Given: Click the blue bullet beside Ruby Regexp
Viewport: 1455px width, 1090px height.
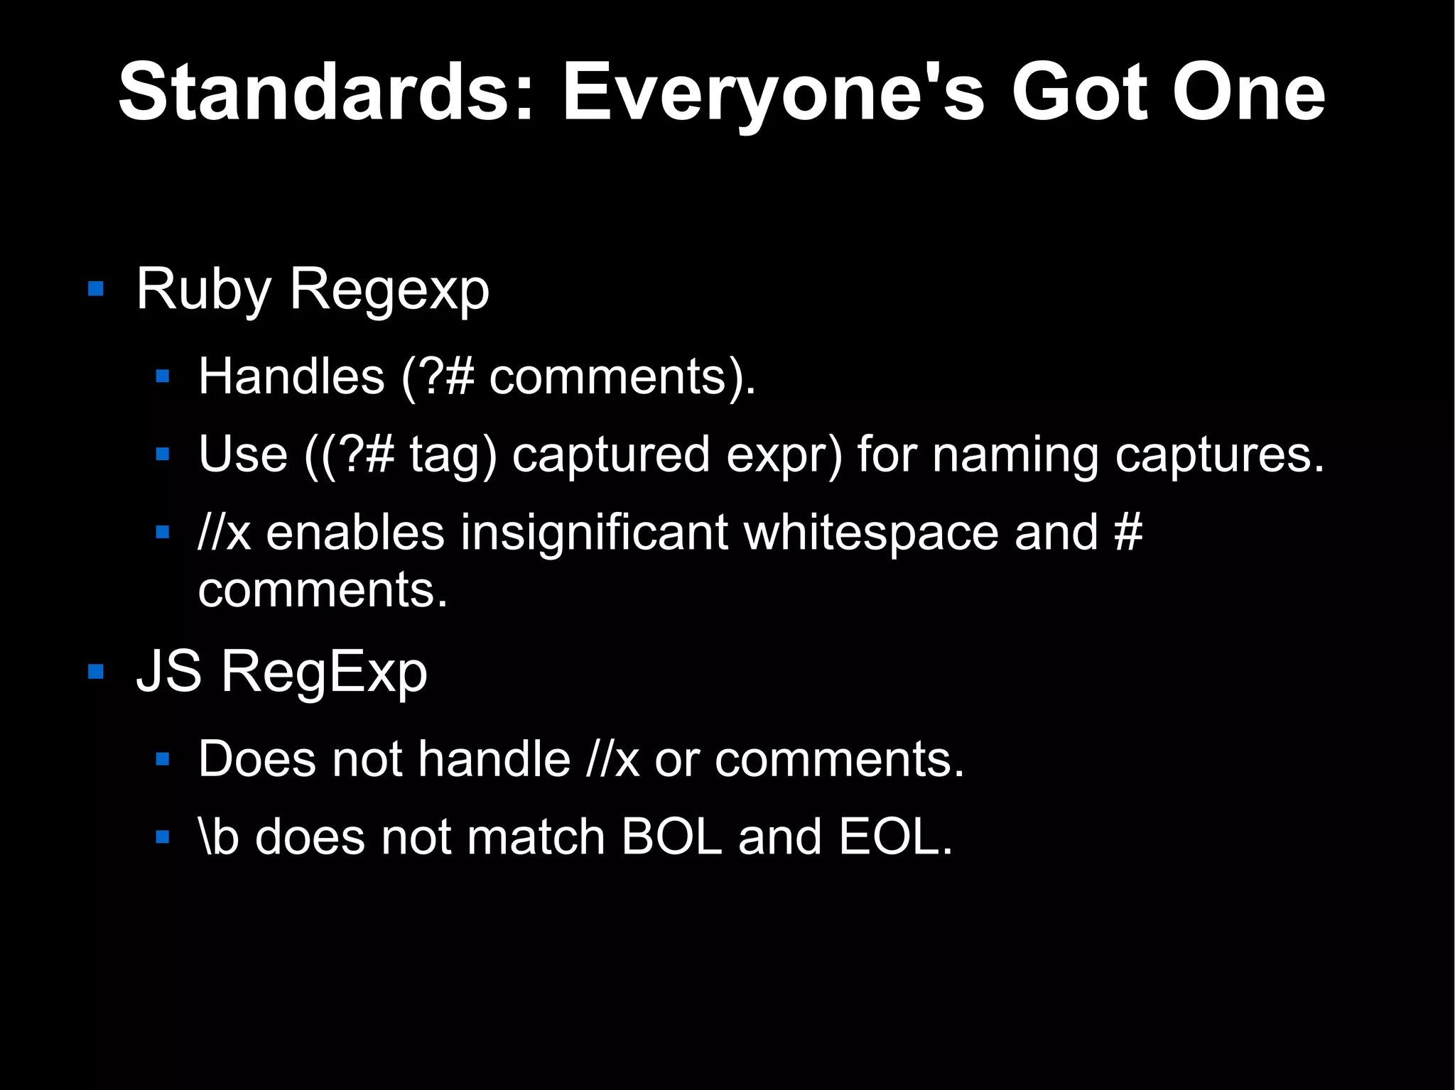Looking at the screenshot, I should click(x=96, y=289).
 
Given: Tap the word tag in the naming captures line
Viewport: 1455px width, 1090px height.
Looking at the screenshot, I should click(x=453, y=454).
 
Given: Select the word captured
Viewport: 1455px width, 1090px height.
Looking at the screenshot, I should click(x=611, y=454).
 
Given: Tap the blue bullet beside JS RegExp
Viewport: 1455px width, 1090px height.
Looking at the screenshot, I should click(x=96, y=672).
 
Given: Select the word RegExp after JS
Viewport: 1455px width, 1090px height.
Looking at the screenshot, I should click(x=324, y=672).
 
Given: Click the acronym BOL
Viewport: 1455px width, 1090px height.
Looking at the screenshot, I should click(x=671, y=836).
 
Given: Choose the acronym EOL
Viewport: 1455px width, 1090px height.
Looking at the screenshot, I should click(x=894, y=836).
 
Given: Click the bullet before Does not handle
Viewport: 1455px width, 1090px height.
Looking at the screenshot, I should click(x=163, y=760).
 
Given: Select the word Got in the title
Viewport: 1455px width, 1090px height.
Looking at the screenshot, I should click(x=1079, y=92).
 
